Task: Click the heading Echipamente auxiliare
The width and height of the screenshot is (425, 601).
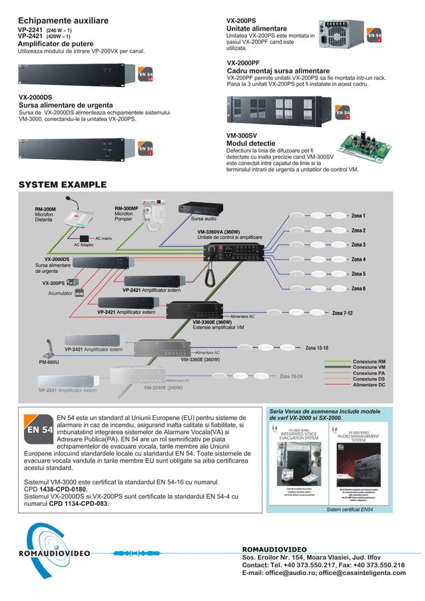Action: pos(63,21)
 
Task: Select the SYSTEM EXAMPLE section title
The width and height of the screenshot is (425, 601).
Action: pos(62,184)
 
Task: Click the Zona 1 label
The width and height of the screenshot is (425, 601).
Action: pos(358,216)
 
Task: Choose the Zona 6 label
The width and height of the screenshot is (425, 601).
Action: pos(358,288)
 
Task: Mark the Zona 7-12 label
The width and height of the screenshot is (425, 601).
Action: pos(342,313)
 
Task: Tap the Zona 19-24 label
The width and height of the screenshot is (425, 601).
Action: pos(291,377)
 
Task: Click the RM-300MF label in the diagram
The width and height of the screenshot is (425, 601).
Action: pos(127,208)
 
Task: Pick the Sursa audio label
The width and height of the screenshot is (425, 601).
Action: pos(204,218)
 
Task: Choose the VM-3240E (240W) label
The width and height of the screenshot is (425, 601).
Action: pos(163,387)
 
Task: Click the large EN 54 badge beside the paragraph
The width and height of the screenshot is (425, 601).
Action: pos(39,429)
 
